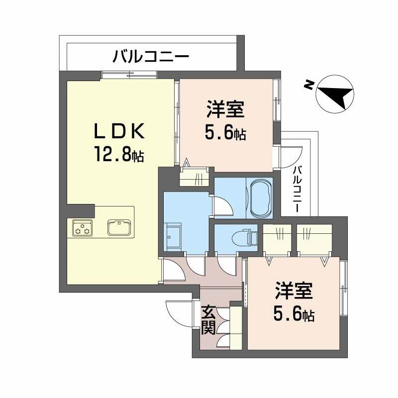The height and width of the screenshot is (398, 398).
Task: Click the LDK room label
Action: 119,131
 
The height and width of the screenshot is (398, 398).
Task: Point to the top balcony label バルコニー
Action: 150,56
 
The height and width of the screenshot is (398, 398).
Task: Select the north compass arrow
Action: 335,93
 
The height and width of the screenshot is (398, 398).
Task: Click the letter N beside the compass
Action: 309,86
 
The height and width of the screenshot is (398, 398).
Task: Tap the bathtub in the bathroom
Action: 259,198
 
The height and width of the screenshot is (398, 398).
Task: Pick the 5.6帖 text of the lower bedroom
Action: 294,314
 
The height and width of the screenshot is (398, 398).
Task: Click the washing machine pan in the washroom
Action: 175,238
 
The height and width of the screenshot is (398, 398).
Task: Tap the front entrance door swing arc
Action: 177,312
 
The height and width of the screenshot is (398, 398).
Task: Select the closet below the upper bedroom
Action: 196,177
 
